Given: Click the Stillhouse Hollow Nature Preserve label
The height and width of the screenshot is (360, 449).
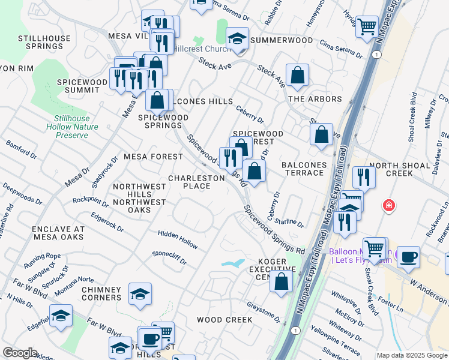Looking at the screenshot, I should (72, 127).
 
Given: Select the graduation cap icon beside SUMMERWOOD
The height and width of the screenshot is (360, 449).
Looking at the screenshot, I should (238, 39).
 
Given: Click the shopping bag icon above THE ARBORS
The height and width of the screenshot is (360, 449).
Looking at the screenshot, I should (297, 75).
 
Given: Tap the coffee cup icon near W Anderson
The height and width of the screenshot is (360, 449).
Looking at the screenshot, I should (408, 257).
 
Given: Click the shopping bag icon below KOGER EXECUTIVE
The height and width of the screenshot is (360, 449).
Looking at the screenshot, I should (281, 281).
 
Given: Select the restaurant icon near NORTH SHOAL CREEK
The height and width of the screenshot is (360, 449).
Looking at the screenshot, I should (364, 176).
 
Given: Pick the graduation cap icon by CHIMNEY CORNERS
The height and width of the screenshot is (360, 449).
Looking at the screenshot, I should (140, 294).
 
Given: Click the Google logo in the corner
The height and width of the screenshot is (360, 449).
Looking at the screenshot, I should (20, 353).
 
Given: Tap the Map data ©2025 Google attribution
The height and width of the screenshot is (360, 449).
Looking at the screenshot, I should (412, 355).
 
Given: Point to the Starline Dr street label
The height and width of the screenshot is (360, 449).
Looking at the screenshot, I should (290, 221).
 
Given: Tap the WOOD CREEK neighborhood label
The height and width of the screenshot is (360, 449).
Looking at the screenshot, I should (224, 320).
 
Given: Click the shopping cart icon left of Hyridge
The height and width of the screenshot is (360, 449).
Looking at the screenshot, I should (367, 26).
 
